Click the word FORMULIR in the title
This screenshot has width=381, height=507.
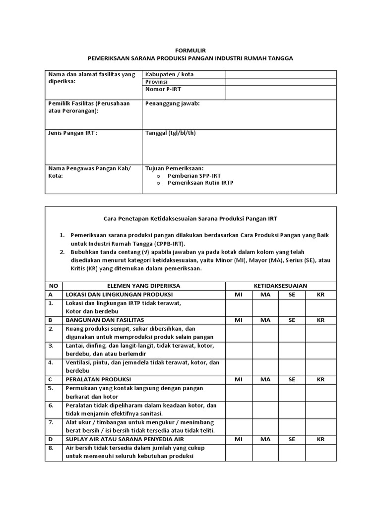pos(190,50)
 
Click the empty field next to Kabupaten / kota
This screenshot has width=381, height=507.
pos(281,74)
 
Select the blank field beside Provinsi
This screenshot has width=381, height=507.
pos(281,82)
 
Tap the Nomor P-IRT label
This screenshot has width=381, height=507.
pos(162,89)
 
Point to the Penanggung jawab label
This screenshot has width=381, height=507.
pos(172,103)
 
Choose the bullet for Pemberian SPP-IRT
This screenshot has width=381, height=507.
pos(158,176)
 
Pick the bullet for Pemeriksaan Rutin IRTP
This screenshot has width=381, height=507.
pos(158,183)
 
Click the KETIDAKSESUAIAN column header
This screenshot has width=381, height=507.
pos(280,286)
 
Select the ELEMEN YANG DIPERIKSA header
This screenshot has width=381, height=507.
pos(144,286)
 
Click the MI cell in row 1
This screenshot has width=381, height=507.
pos(239,307)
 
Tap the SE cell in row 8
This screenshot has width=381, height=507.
pos(292,452)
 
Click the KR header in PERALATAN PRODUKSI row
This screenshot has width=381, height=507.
pos(321,379)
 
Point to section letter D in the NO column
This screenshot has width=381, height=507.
pos(50,439)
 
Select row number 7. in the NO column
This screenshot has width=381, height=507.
pos(51,422)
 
